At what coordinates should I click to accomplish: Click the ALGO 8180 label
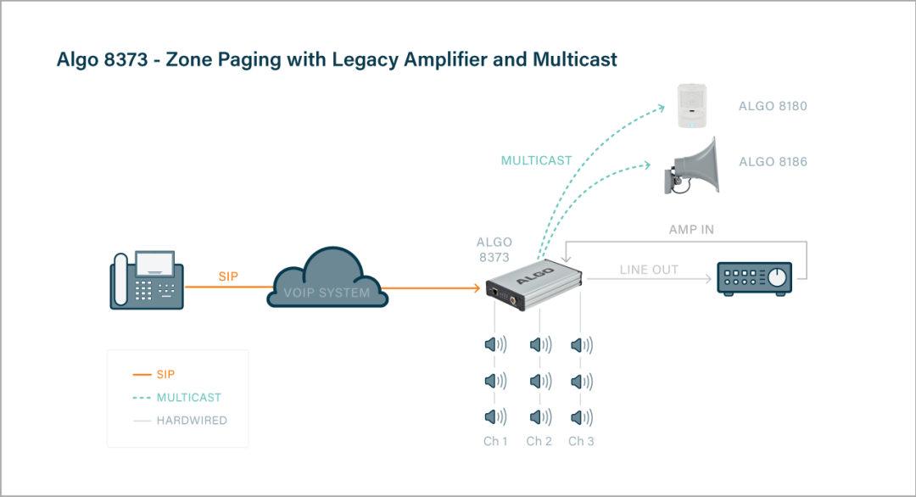[773, 107]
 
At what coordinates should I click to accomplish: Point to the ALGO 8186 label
[773, 162]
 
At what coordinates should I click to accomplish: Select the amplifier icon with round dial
[755, 278]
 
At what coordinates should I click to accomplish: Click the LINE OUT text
[649, 270]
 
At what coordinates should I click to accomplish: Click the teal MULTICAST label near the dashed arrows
[536, 160]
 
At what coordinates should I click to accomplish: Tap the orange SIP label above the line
[228, 276]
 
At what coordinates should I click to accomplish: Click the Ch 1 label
[494, 441]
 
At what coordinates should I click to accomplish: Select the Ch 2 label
[539, 441]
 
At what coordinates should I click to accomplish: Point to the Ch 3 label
[581, 441]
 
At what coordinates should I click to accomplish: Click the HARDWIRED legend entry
[192, 421]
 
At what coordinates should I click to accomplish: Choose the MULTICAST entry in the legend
[188, 397]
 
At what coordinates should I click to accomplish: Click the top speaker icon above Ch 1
[495, 345]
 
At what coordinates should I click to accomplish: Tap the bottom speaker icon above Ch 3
[581, 416]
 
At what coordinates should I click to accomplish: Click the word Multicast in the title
[574, 59]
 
